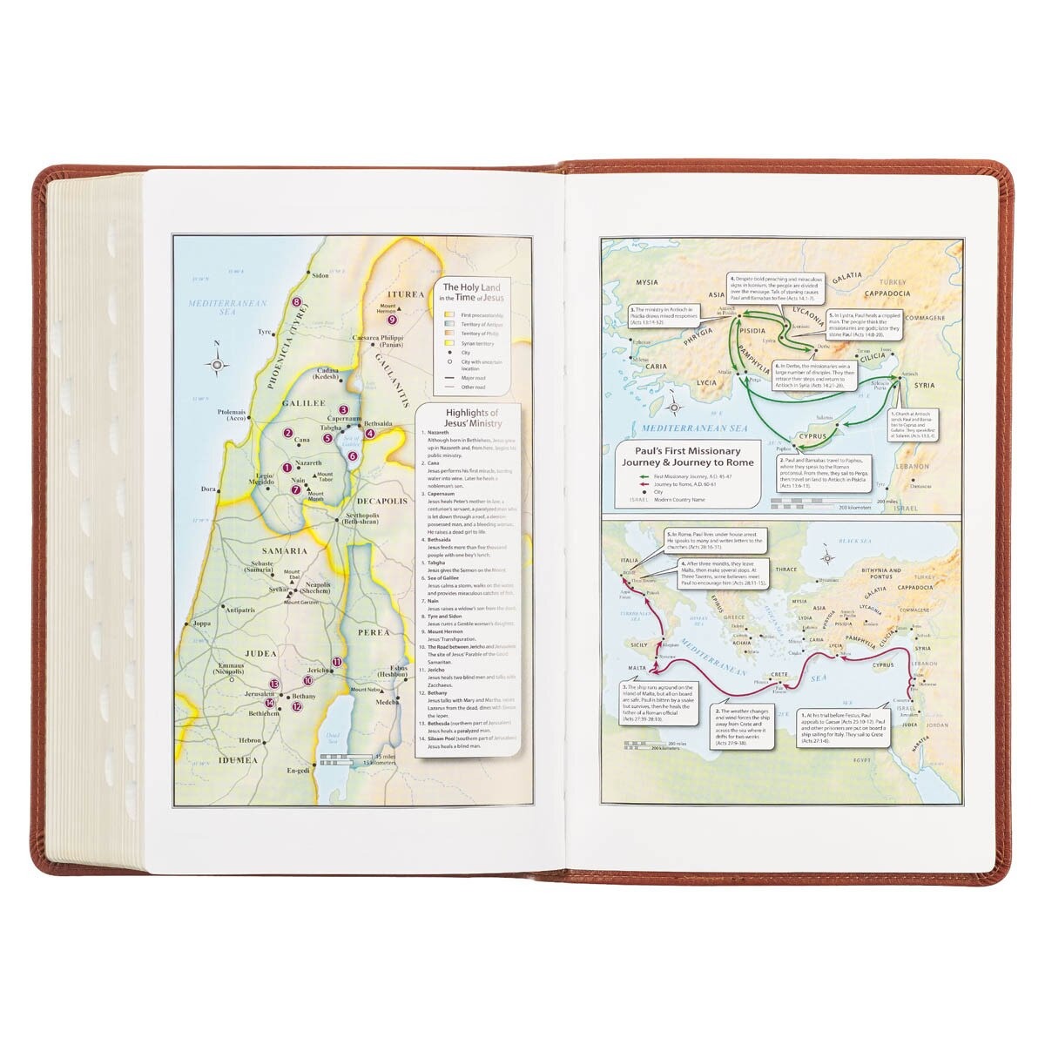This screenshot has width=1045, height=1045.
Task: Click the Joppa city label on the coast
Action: click(201, 624)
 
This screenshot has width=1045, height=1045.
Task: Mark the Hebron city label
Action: click(251, 740)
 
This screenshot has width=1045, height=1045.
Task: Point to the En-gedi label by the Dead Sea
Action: click(299, 771)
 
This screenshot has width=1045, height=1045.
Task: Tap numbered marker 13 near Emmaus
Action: click(273, 684)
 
